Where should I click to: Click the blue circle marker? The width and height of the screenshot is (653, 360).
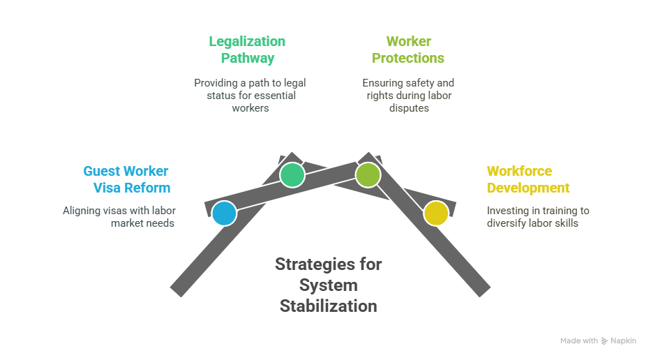225,213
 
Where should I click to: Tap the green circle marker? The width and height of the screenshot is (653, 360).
292,175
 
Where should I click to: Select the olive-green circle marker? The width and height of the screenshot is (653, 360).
368,175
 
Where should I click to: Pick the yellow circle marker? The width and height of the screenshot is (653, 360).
436,213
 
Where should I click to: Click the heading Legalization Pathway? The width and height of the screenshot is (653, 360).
248,50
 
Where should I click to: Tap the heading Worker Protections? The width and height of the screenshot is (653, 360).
408,50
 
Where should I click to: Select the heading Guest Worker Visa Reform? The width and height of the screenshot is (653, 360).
126,179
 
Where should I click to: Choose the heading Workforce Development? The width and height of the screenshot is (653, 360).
528,179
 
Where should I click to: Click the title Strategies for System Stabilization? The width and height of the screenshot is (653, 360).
328,285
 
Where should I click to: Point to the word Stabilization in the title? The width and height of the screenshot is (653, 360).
328,306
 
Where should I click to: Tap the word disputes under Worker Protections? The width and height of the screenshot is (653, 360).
409,108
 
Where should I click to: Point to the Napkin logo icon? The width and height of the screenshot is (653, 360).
604,341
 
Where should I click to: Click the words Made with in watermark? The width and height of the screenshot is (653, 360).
579,341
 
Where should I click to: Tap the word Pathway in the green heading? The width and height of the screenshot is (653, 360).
248,59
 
